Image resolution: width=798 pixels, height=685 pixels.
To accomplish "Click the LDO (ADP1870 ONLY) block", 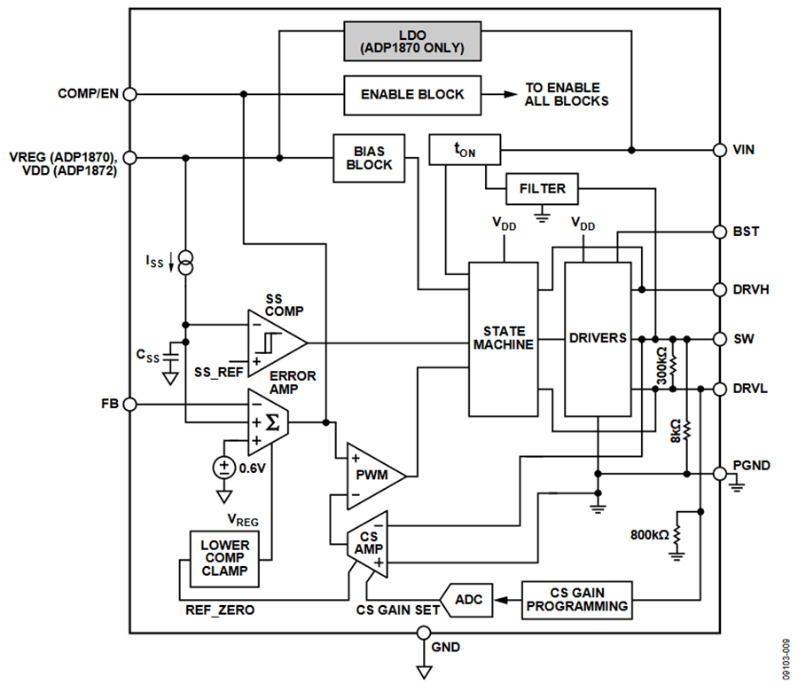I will (413, 40).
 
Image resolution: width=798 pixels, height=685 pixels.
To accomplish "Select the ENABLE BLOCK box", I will (411, 94).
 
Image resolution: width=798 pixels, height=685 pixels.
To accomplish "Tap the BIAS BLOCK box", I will (369, 158).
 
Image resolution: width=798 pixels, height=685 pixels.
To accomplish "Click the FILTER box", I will (542, 189).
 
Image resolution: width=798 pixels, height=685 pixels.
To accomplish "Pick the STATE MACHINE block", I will (503, 338).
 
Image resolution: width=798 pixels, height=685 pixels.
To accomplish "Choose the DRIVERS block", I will (597, 338).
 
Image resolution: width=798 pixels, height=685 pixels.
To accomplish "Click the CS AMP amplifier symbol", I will (366, 542).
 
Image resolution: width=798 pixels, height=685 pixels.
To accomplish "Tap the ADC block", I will (467, 600).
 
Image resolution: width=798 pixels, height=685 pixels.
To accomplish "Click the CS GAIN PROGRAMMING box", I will (576, 600).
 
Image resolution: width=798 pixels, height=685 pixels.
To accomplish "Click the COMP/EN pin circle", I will (129, 94).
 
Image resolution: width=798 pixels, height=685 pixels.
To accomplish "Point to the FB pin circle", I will (129, 405).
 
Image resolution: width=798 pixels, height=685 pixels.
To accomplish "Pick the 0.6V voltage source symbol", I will (223, 468).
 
